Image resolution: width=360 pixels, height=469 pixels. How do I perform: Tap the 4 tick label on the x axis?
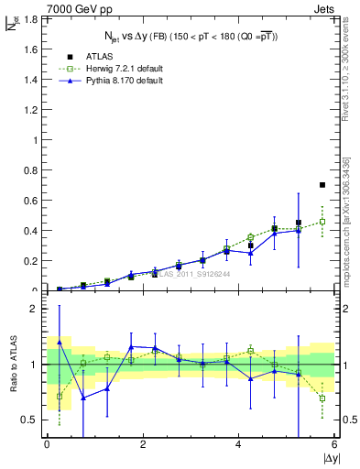coord(239,445)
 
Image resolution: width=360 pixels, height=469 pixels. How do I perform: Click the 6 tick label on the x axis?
coord(334,445)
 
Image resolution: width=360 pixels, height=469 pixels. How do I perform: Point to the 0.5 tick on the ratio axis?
coord(28,420)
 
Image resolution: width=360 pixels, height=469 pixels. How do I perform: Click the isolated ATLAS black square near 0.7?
coord(322,185)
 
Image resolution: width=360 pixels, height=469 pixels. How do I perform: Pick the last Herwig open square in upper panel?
coord(322,222)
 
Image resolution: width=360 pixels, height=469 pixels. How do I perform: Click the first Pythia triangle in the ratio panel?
coord(60,342)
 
